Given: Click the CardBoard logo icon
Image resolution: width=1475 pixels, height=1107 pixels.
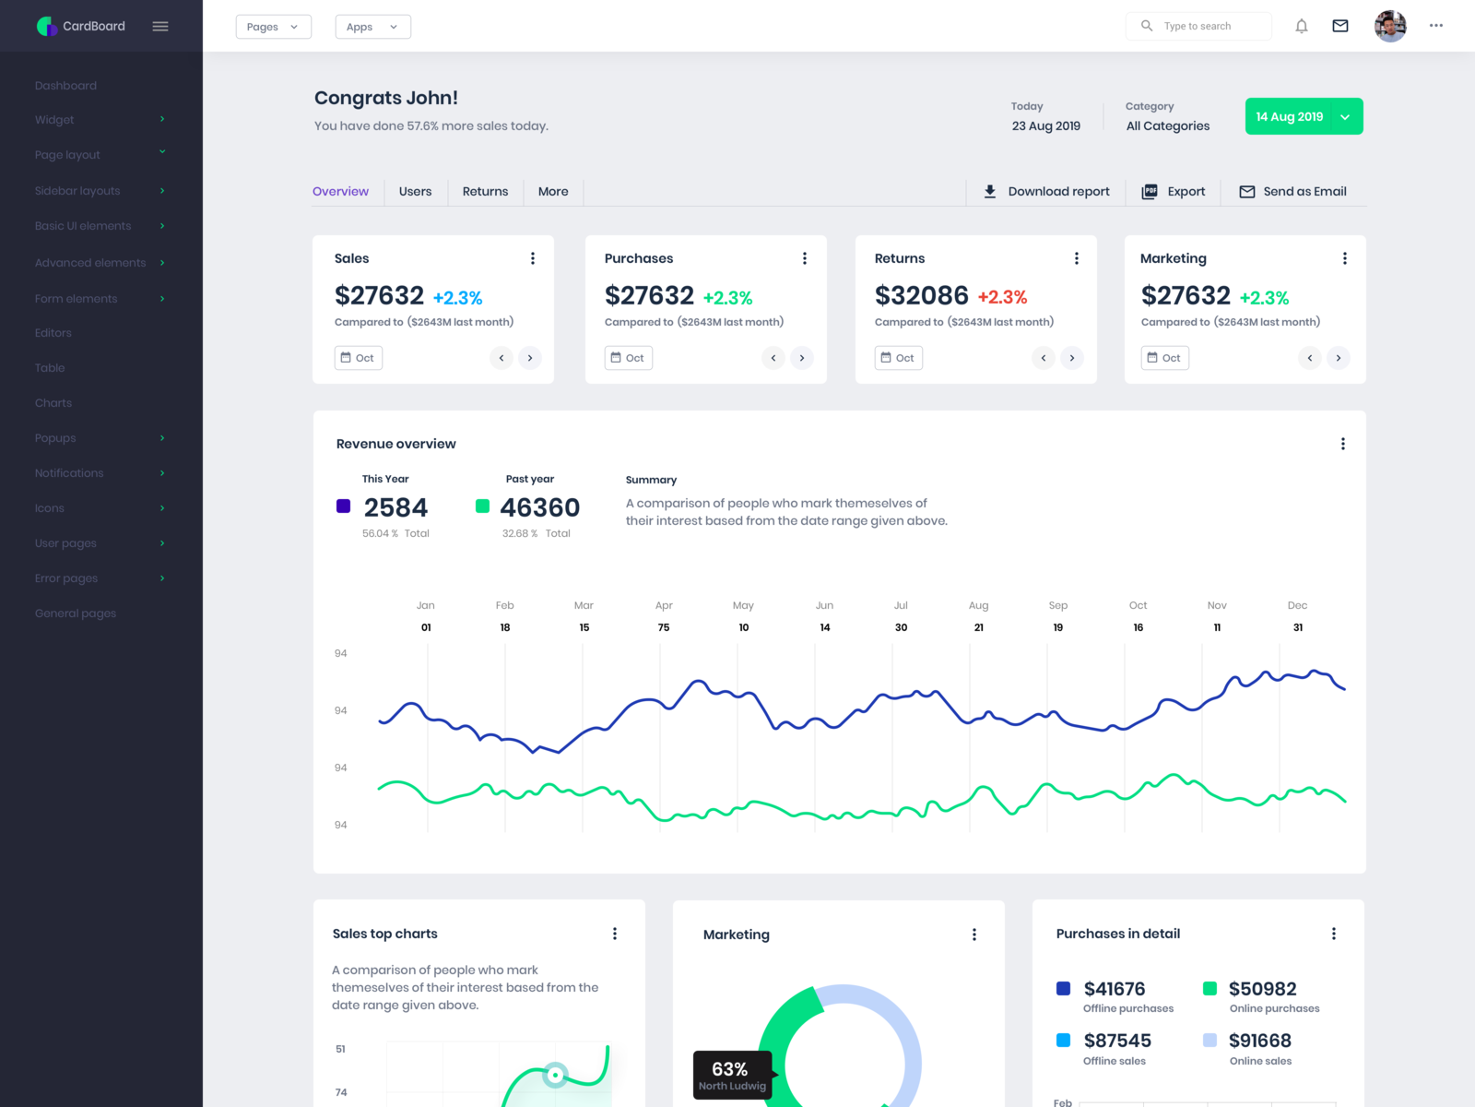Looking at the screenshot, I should tap(46, 27).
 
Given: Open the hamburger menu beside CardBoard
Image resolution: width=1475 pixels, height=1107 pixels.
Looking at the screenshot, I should tap(160, 27).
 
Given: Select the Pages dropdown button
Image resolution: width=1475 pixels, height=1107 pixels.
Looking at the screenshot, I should tap(273, 27).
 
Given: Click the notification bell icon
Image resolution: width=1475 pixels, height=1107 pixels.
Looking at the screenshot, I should tap(1301, 27).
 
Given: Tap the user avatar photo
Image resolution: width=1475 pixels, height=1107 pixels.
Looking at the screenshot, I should tap(1389, 27).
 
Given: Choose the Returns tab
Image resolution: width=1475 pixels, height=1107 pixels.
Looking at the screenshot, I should tap(485, 192).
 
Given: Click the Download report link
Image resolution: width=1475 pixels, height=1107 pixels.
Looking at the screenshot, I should tap(1046, 192).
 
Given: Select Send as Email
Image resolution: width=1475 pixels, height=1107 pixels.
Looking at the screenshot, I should tap(1292, 192).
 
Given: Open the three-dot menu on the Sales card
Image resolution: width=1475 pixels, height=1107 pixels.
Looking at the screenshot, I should tap(533, 258).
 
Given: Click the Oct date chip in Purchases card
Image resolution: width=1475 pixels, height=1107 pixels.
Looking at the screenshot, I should tap(629, 358).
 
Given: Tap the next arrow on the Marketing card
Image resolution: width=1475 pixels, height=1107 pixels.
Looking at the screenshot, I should tap(1338, 358).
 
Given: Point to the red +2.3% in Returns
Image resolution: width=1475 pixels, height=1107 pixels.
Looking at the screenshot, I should tap(1002, 297).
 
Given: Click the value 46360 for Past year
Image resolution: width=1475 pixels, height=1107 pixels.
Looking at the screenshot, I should tap(539, 508).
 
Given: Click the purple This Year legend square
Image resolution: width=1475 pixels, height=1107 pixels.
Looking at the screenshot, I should tap(344, 506).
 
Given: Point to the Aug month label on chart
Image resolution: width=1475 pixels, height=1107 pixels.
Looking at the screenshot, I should tap(978, 606).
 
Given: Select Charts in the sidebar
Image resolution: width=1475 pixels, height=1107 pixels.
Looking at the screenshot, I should tap(53, 403).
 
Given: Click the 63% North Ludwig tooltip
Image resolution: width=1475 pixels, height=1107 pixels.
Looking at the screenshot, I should tap(733, 1076).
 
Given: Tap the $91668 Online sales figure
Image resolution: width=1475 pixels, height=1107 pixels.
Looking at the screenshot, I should tap(1259, 1041).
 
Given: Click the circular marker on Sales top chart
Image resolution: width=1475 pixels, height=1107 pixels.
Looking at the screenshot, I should tap(555, 1075).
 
